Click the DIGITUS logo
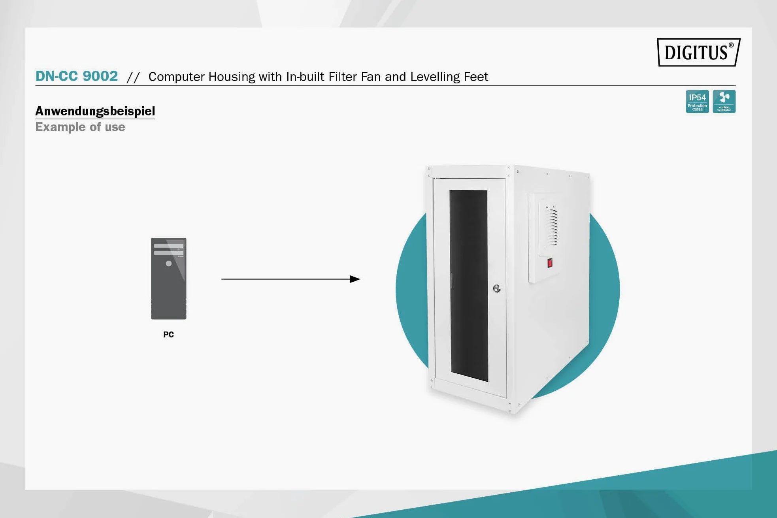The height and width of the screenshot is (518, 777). (x=698, y=52)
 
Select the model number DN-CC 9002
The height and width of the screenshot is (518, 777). (x=77, y=76)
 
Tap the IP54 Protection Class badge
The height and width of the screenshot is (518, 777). (x=697, y=102)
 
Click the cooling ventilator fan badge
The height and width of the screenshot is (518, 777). (x=724, y=102)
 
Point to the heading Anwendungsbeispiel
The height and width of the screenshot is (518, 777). (x=95, y=111)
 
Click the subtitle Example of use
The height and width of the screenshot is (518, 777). (x=80, y=127)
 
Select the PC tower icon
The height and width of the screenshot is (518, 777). (x=169, y=279)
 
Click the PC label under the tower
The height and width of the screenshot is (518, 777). (x=169, y=335)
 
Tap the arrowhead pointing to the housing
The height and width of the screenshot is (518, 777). (x=355, y=279)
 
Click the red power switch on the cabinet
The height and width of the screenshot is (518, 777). (x=550, y=263)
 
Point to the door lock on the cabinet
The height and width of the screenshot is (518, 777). (x=497, y=289)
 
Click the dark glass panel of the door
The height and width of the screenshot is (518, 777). (x=469, y=286)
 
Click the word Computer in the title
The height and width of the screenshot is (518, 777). (x=177, y=77)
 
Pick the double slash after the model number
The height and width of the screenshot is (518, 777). (x=133, y=77)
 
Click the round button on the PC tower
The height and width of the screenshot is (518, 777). (x=169, y=264)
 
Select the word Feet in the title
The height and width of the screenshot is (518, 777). (x=476, y=76)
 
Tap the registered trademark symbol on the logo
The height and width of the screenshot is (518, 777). (x=731, y=45)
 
